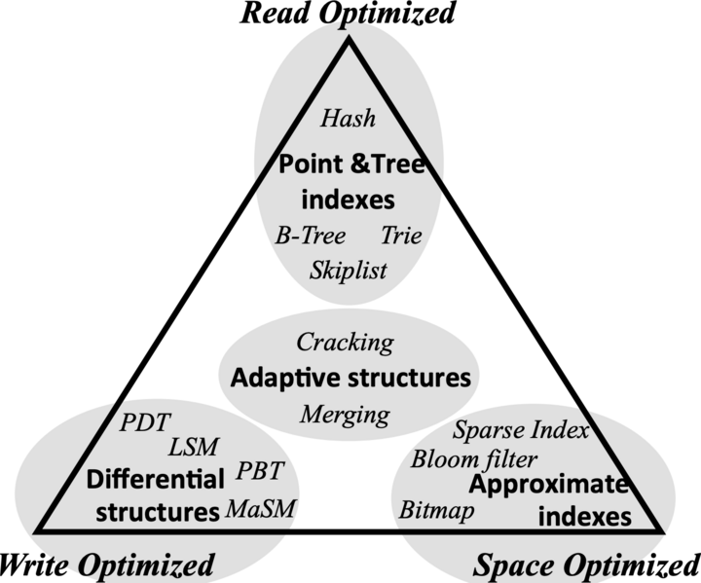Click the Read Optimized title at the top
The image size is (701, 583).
coord(348,14)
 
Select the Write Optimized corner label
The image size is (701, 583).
coord(106,565)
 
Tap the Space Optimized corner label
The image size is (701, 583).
coord(586,565)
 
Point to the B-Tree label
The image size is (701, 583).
coord(310,237)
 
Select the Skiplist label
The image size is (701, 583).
coord(349,269)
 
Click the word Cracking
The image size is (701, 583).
coord(346,342)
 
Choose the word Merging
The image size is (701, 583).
coord(345,415)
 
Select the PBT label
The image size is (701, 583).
coord(260,472)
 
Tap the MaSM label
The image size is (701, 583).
coord(260,508)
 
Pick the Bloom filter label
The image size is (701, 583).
coord(472,457)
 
